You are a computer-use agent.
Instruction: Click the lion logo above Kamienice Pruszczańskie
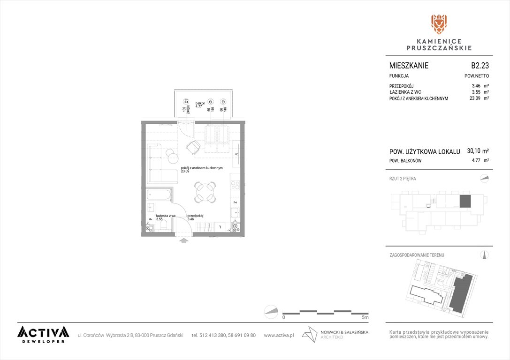click(439, 24)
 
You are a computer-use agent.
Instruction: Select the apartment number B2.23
click(480, 66)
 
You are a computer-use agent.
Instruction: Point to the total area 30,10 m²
click(478, 151)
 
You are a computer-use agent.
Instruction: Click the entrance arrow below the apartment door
click(183, 240)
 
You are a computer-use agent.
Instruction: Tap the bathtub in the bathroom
click(159, 195)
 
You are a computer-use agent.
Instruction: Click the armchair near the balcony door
click(193, 147)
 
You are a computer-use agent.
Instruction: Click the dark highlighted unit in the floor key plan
click(464, 201)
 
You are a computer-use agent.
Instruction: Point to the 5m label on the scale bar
click(366, 317)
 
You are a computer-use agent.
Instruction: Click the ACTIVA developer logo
click(43, 334)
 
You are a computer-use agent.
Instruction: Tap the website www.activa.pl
click(279, 335)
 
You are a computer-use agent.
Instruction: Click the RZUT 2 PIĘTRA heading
click(403, 179)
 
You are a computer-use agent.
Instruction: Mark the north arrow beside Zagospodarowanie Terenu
click(485, 255)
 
